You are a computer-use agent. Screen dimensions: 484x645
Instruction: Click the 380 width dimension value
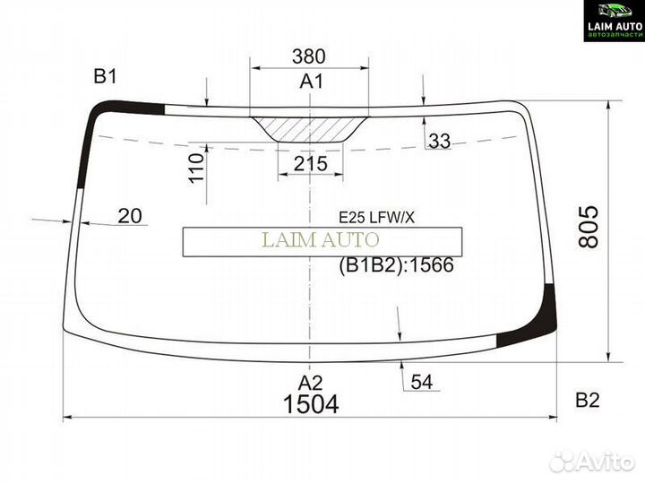309,56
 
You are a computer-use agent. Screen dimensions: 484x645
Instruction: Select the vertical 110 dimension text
197,167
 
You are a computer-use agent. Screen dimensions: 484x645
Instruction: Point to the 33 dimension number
440,141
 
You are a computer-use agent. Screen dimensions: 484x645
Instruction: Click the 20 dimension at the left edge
129,215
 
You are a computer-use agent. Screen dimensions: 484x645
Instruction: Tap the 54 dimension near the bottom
422,384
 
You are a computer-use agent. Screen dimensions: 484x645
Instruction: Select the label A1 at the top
311,82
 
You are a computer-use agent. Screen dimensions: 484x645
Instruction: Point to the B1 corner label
106,77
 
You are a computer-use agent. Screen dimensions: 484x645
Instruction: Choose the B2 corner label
587,401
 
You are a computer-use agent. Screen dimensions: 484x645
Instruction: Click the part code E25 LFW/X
376,216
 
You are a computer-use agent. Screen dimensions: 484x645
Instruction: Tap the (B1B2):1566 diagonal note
396,265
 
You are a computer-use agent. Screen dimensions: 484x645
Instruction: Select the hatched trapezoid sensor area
309,129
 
